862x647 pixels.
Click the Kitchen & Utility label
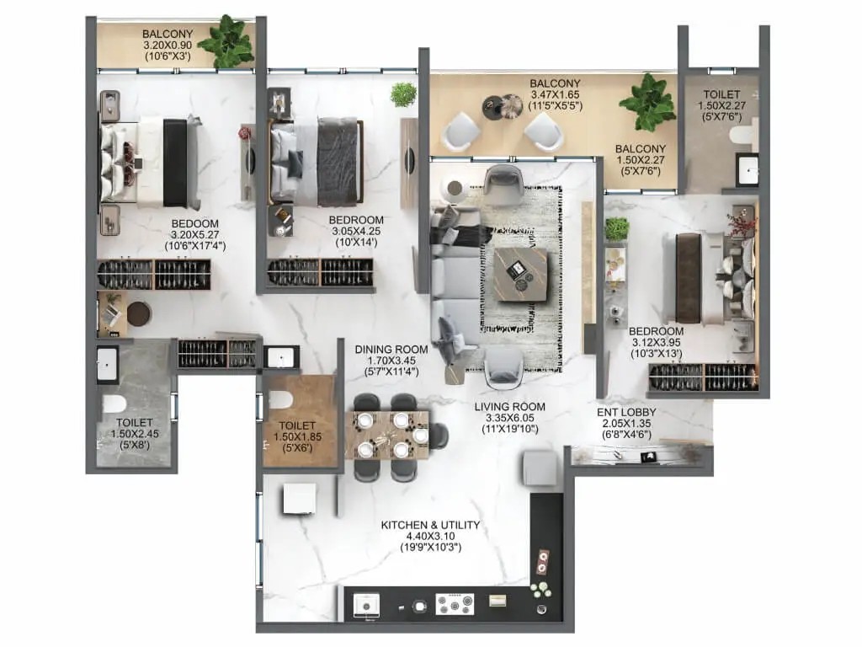pyautogui.click(x=430, y=525)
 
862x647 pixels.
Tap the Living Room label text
pyautogui.click(x=509, y=407)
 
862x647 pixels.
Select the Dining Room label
pyautogui.click(x=391, y=350)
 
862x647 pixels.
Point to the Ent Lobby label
pyautogui.click(x=626, y=412)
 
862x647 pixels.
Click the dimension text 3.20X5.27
pyautogui.click(x=194, y=235)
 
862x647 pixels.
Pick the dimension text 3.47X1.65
pyautogui.click(x=555, y=94)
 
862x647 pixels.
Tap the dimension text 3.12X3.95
pyautogui.click(x=656, y=342)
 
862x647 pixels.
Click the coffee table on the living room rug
pyautogui.click(x=520, y=275)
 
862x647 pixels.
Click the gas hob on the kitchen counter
pyautogui.click(x=455, y=603)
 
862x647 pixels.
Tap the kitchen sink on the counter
pyautogui.click(x=366, y=606)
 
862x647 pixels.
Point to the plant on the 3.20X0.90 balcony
pyautogui.click(x=227, y=41)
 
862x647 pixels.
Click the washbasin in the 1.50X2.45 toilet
pyautogui.click(x=107, y=364)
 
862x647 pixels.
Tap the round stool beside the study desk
pyautogui.click(x=139, y=313)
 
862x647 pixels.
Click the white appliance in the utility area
pyautogui.click(x=300, y=499)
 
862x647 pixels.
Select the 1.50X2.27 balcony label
pyautogui.click(x=641, y=159)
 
